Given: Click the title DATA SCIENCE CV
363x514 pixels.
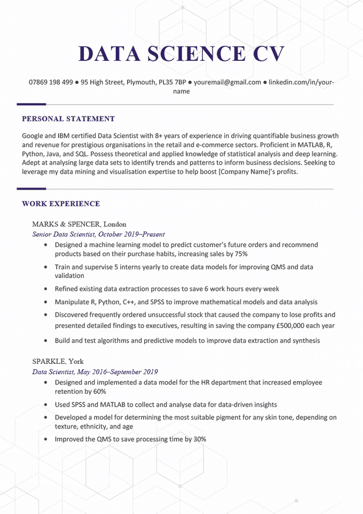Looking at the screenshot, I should (181, 54).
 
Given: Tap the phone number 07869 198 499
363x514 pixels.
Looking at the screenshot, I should (51, 82).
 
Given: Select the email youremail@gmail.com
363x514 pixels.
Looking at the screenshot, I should (227, 82).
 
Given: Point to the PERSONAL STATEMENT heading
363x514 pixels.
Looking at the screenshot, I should (68, 119).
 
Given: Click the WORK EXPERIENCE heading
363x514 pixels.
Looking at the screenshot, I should (61, 204).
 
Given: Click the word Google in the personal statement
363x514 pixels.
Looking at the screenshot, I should (34, 136).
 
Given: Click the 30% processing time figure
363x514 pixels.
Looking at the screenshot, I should (199, 439).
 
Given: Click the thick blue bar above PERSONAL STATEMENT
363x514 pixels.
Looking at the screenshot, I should (31, 104).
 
